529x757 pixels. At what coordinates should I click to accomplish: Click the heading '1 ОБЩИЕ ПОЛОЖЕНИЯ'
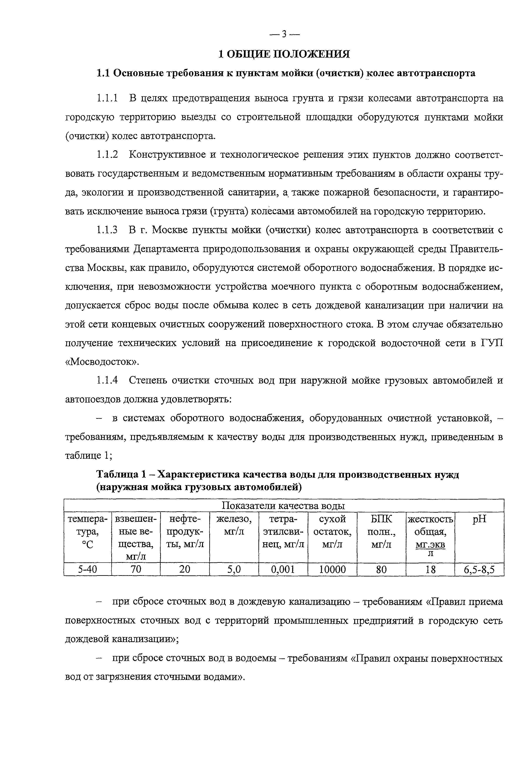[284, 54]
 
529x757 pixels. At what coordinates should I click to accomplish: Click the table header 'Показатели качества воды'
[284, 506]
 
